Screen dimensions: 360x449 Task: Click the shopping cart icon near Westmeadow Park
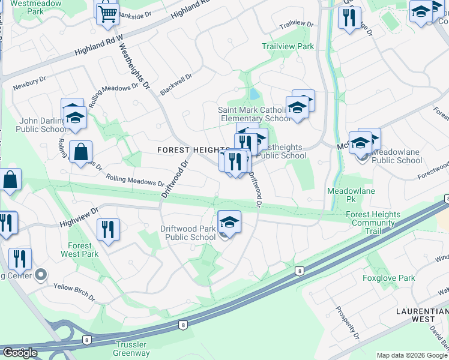click(x=107, y=13)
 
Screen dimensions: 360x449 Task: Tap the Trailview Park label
click(x=288, y=46)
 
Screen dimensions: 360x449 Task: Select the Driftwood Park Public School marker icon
click(x=229, y=222)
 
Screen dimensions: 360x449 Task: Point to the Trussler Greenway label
click(x=132, y=349)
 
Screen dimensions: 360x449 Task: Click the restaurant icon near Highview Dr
click(x=108, y=229)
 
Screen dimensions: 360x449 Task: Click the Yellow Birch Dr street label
click(x=74, y=292)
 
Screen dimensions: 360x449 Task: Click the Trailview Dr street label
click(x=297, y=25)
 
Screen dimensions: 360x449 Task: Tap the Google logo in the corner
click(x=20, y=353)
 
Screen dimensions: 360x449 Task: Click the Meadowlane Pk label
click(x=343, y=194)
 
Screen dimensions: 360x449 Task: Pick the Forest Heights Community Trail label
click(x=373, y=223)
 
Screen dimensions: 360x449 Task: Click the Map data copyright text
click(x=412, y=355)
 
